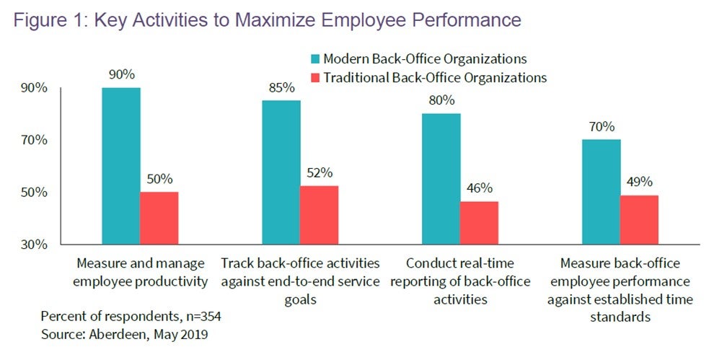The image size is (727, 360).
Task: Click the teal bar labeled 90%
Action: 121,166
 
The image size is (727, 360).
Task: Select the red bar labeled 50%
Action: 159,219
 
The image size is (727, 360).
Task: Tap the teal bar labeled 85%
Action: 281,172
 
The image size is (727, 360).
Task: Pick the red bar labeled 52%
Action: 320,216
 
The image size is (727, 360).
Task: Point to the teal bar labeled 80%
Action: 441,179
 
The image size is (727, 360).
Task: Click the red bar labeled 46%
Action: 479,223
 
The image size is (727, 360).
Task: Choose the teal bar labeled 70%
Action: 602,192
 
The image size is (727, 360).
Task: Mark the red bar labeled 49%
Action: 639,219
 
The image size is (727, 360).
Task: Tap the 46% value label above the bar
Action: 480,188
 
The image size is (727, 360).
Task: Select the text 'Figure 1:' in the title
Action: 44,20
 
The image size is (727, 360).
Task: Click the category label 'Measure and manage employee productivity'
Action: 140,271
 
